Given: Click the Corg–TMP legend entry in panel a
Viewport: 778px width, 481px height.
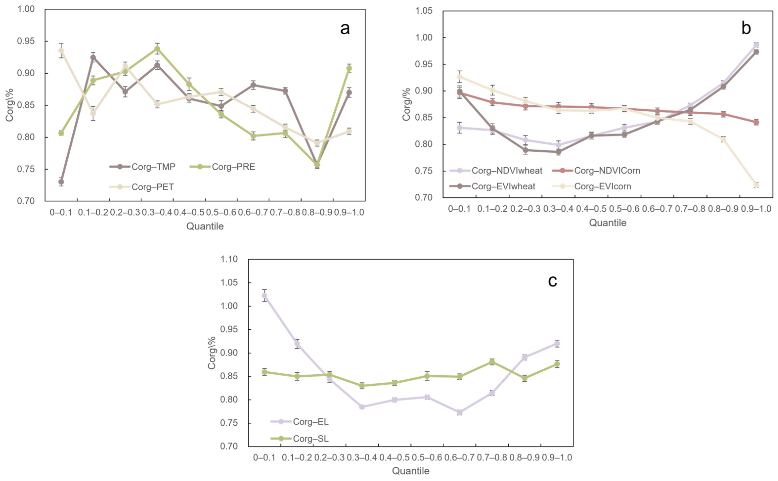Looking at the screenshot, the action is click(142, 167).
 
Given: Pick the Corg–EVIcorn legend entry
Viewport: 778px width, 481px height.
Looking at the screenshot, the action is click(591, 186).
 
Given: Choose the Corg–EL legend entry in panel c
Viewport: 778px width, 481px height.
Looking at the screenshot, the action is click(300, 421).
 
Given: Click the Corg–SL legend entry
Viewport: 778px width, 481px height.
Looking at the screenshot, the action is click(300, 439).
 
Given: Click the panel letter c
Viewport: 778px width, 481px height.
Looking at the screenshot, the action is click(552, 281).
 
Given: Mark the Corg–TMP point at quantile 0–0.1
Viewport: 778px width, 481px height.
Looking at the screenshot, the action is click(61, 182).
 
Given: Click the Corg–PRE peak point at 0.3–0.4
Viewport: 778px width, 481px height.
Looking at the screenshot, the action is click(157, 49).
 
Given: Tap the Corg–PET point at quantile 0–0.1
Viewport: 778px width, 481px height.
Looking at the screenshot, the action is click(61, 51).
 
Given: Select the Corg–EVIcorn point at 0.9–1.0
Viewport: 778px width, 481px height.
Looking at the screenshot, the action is click(756, 185).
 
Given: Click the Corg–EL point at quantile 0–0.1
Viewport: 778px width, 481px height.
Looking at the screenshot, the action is click(264, 296).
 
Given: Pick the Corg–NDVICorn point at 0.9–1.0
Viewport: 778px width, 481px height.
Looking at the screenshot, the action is click(756, 122).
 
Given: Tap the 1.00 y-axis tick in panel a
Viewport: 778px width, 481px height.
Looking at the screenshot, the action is click(26, 9).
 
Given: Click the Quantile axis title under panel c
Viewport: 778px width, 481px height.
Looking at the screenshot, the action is click(411, 471).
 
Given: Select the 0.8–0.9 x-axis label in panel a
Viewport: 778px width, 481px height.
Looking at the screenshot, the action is click(317, 212).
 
